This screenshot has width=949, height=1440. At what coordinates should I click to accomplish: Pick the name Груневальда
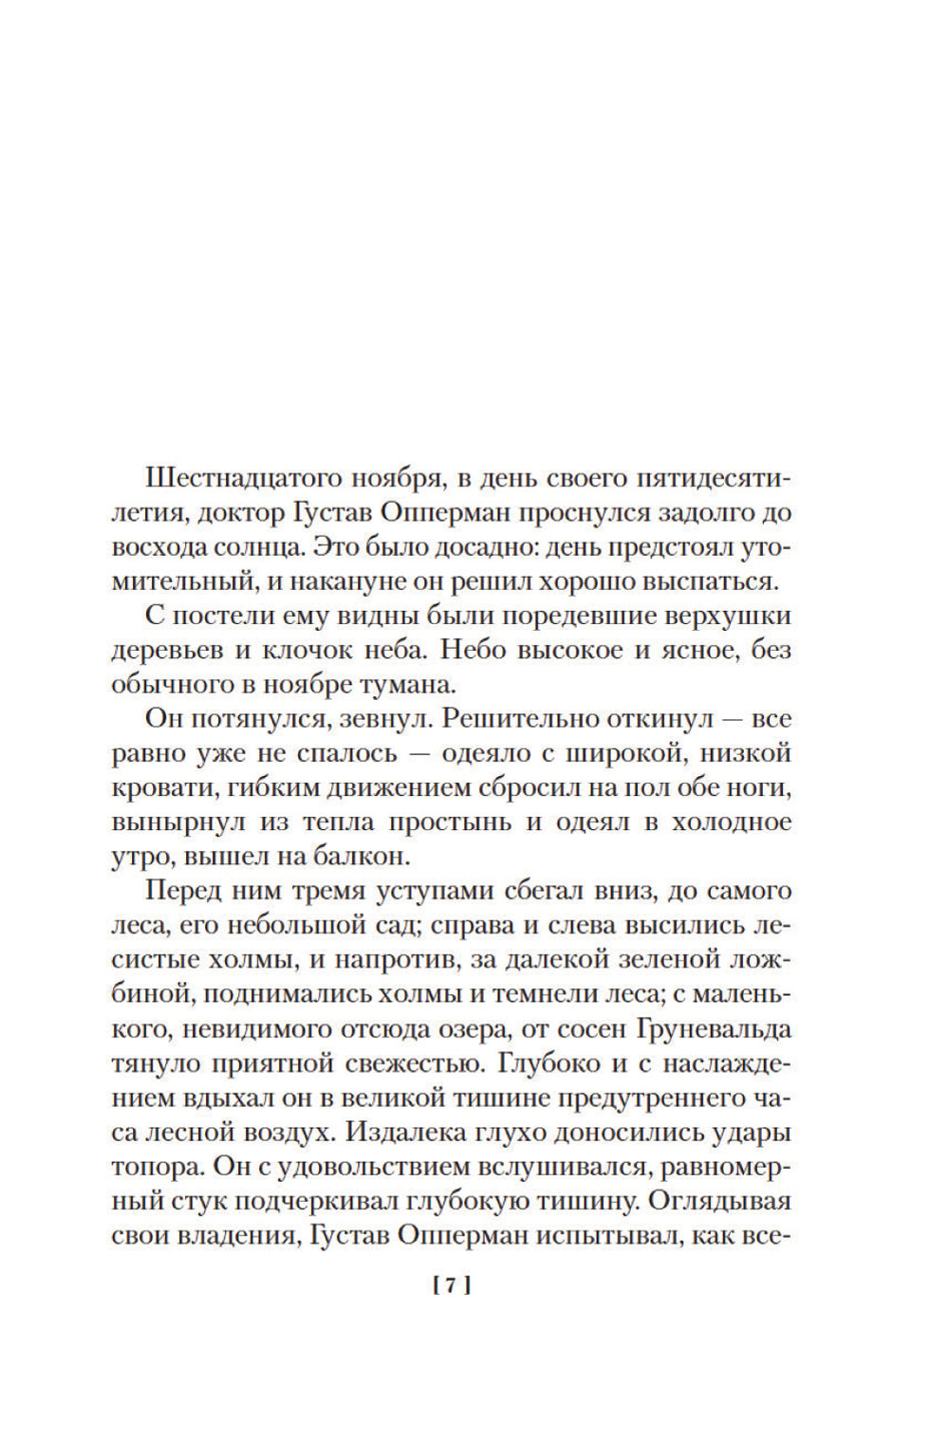(715, 1029)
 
